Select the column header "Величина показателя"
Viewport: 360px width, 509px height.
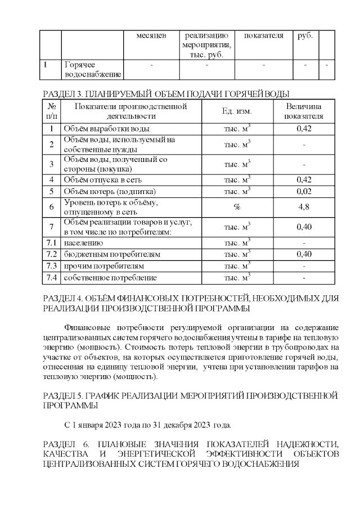[x=304, y=111]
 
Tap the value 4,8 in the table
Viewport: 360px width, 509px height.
[x=304, y=207]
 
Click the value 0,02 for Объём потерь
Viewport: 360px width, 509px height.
[x=304, y=191]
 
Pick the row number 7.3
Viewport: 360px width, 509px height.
[x=52, y=265]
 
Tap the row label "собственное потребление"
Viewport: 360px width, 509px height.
[x=110, y=277]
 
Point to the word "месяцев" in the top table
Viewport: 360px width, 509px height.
[x=151, y=36]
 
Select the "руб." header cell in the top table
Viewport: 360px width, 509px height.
[x=305, y=36]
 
